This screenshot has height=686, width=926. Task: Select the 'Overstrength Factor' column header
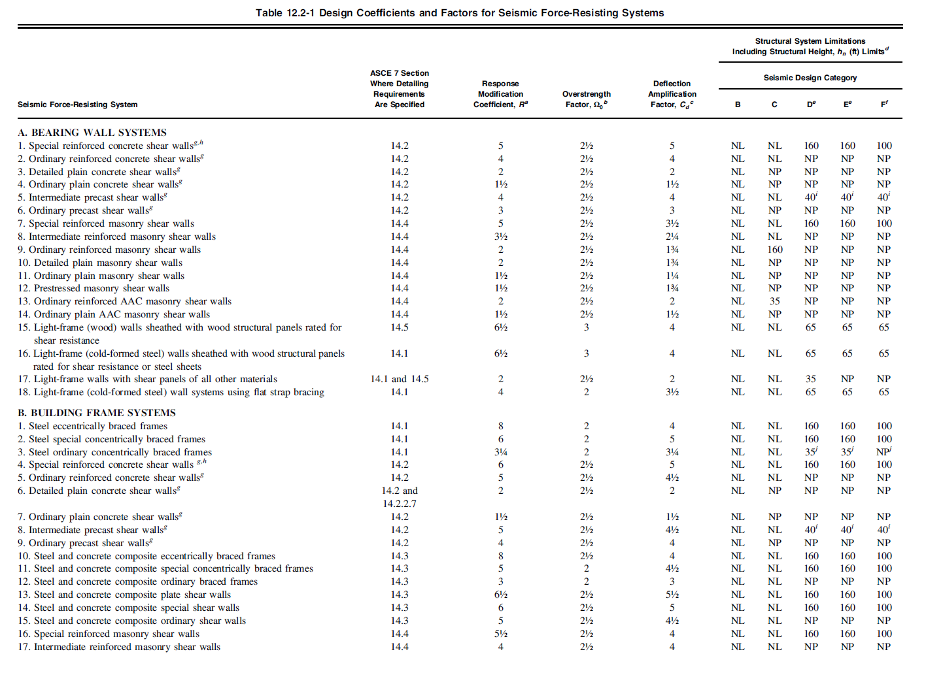tap(587, 99)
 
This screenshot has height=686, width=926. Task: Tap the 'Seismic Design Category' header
tap(810, 78)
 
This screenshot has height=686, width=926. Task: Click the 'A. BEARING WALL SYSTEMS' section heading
tap(92, 133)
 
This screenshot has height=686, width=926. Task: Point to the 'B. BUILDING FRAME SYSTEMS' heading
tap(97, 413)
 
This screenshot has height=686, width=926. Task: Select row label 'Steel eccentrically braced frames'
tap(98, 426)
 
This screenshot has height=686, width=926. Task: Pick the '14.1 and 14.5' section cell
tap(400, 379)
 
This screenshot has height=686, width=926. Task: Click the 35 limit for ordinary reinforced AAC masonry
tap(774, 301)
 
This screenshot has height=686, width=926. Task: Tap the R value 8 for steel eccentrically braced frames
tap(501, 426)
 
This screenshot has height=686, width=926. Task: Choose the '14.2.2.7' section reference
tap(400, 504)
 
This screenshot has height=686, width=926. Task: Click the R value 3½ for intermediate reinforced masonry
tap(501, 237)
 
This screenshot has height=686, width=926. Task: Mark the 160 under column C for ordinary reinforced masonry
tap(774, 250)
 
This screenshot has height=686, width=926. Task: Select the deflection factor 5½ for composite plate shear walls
tap(672, 595)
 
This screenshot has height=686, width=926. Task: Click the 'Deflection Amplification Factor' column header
tap(672, 94)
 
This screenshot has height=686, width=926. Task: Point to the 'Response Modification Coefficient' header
tap(501, 94)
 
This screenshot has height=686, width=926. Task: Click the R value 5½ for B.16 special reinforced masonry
tap(501, 634)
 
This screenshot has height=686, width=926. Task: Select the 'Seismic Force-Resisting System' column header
tap(78, 105)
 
